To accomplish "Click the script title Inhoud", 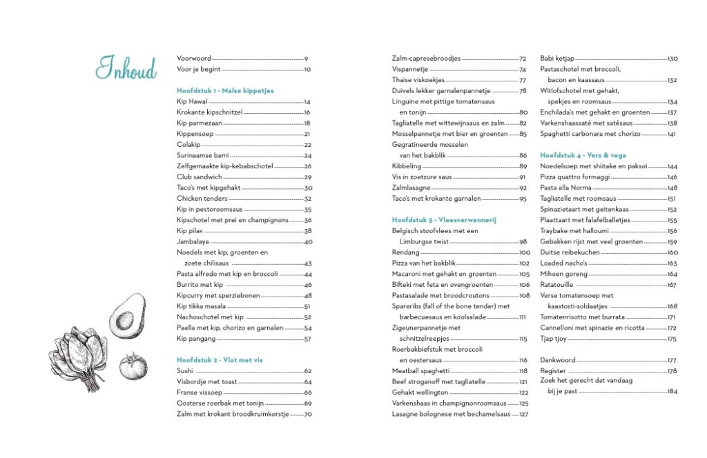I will [126, 68].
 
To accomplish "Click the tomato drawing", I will [133, 366].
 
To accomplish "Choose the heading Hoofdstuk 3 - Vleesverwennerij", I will [434, 220].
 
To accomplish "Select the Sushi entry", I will [185, 371].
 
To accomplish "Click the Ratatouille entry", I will [560, 285].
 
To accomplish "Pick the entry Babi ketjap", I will [557, 59].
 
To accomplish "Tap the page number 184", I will [672, 392].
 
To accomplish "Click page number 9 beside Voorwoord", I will [306, 59].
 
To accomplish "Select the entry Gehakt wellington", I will [420, 392].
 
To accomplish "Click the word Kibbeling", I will [406, 166].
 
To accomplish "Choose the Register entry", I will [553, 371].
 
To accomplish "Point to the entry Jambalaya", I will [192, 241].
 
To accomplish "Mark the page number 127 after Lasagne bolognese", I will [523, 415].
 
